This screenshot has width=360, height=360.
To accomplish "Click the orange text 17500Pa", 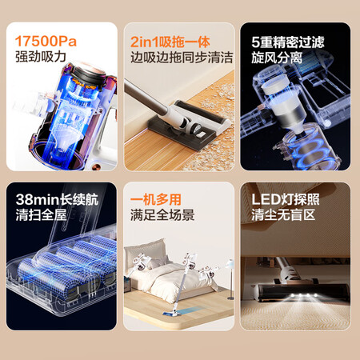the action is click(x=46, y=42).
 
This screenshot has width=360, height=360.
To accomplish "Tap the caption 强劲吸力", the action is click(x=41, y=57).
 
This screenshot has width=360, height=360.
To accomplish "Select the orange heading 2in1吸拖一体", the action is click(x=170, y=42).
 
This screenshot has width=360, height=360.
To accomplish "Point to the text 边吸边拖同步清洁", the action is click(x=182, y=58).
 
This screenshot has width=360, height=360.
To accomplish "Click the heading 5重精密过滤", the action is click(x=288, y=42).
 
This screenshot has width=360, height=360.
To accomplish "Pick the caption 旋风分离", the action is click(x=277, y=58).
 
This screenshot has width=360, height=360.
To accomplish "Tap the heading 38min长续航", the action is click(x=57, y=199).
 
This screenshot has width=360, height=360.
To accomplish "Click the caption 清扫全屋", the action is click(x=41, y=215).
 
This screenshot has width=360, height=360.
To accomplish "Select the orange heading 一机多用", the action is click(x=156, y=199).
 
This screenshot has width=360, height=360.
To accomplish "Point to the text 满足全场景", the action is click(x=162, y=215).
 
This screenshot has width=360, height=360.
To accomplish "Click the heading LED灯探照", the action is click(x=286, y=199).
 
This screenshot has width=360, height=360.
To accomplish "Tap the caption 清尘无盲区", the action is click(x=283, y=215).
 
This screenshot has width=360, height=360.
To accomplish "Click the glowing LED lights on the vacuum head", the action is click(x=304, y=295).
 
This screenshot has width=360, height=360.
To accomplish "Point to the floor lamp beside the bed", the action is click(x=230, y=278).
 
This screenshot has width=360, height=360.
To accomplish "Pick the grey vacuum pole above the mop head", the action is click(x=146, y=98).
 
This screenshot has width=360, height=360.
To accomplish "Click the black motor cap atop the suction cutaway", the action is click(x=86, y=74).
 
